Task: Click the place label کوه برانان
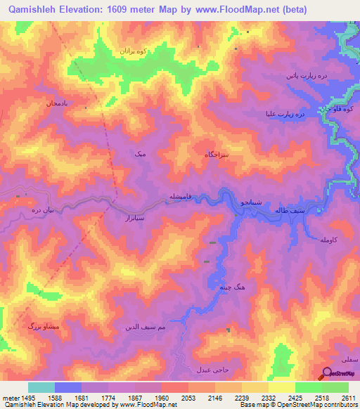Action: tap(132, 52)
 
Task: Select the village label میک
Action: tap(141, 152)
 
